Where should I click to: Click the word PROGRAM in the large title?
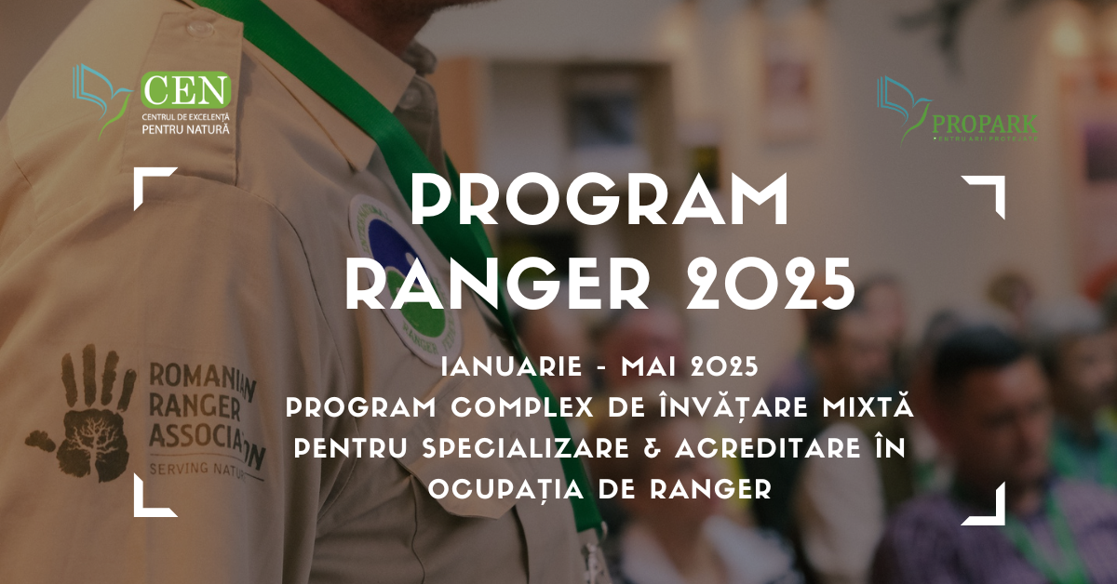pyautogui.click(x=600, y=200)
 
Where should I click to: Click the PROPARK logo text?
pyautogui.click(x=984, y=124)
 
